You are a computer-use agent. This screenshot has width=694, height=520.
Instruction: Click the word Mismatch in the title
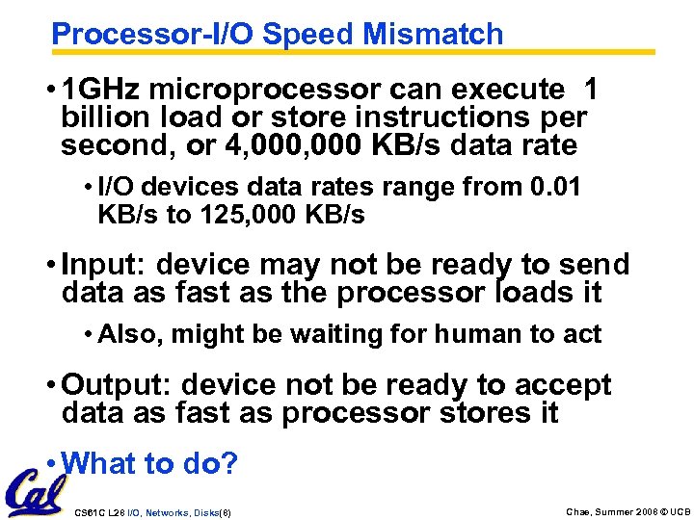tap(433, 35)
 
